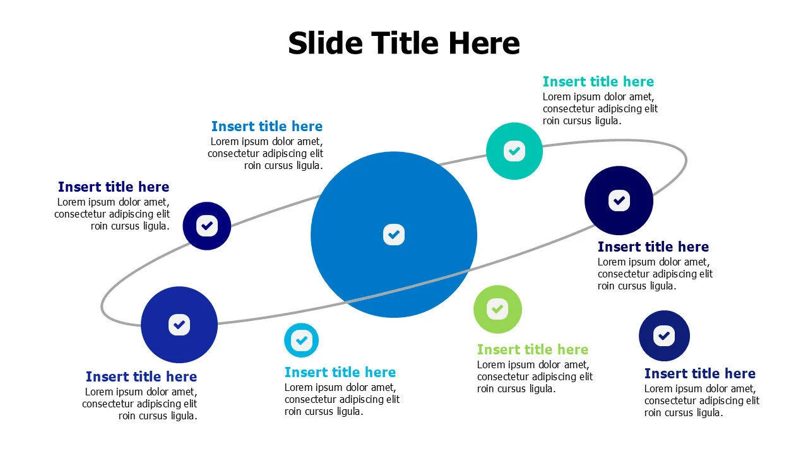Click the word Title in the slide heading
click(404, 44)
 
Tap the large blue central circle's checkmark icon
click(394, 235)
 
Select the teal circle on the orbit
click(514, 151)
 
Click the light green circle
click(497, 309)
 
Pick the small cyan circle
click(301, 340)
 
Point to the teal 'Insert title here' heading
click(598, 81)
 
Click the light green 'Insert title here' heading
click(532, 349)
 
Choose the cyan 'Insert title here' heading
click(340, 372)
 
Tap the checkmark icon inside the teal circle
click(514, 151)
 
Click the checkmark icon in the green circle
click(497, 309)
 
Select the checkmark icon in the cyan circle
click(301, 340)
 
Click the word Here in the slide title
click(484, 44)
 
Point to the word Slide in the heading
click(325, 44)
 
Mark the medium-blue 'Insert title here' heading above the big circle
click(266, 126)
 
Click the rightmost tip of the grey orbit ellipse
click(686, 160)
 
